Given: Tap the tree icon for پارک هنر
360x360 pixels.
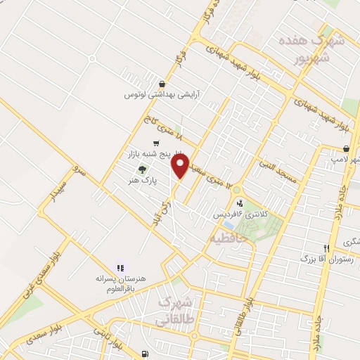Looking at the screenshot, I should tap(143, 169).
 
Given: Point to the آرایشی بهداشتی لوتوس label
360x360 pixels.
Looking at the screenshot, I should tap(162, 94).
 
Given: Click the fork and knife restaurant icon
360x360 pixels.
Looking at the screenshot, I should tap(326, 247).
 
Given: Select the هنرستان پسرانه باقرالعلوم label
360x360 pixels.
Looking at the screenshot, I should tap(122, 278).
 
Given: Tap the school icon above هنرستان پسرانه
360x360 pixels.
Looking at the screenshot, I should tap(120, 267).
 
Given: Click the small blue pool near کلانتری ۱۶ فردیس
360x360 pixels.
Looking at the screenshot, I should tap(229, 225).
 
